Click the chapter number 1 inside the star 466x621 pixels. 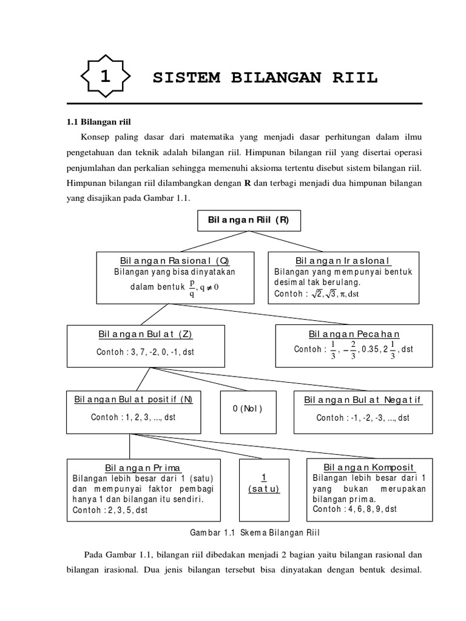tap(106, 77)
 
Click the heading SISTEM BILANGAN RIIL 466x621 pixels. tap(265, 78)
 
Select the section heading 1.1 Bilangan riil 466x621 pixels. tap(98, 122)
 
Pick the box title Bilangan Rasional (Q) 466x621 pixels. tap(174, 260)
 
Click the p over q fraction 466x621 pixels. tap(192, 287)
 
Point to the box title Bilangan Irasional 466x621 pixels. tap(343, 260)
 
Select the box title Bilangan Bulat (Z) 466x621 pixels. tap(145, 334)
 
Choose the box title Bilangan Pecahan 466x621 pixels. tap(354, 334)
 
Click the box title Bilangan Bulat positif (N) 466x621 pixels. tap(133, 400)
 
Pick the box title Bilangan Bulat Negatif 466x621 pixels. tap(363, 400)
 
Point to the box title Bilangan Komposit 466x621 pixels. tap(368, 468)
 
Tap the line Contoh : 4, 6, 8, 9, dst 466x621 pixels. tap(355, 509)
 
